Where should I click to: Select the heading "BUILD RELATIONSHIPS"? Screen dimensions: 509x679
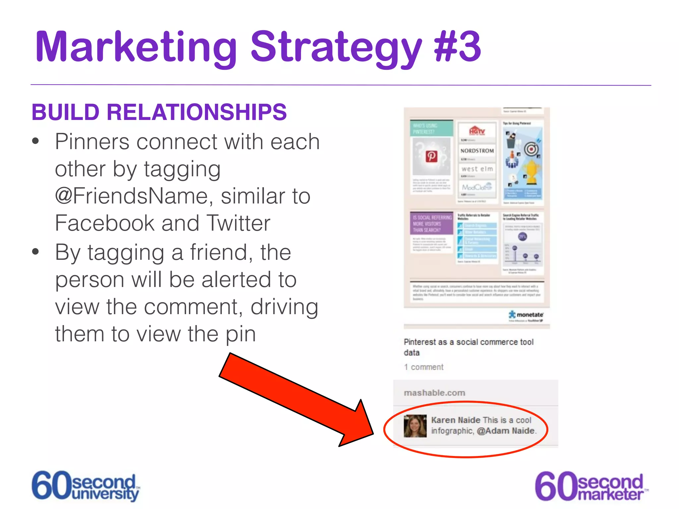coord(159,112)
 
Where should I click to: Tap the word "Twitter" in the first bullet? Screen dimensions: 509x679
coord(238,223)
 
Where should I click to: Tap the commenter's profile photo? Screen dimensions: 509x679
coord(415,426)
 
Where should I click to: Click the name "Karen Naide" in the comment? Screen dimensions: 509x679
coord(456,420)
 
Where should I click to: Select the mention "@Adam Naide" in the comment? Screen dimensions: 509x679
coord(506,431)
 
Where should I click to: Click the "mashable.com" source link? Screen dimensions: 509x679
coord(434,393)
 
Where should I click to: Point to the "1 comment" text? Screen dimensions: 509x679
coord(423,367)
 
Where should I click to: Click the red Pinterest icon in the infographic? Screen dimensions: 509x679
coord(431,156)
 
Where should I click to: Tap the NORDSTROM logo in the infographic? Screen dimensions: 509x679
coord(477,151)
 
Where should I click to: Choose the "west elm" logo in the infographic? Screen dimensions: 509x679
coord(477,169)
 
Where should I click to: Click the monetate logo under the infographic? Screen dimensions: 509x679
coord(526,315)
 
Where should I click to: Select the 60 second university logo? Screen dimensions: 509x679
coord(86,486)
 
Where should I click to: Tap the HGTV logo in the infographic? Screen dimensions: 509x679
coord(477,131)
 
